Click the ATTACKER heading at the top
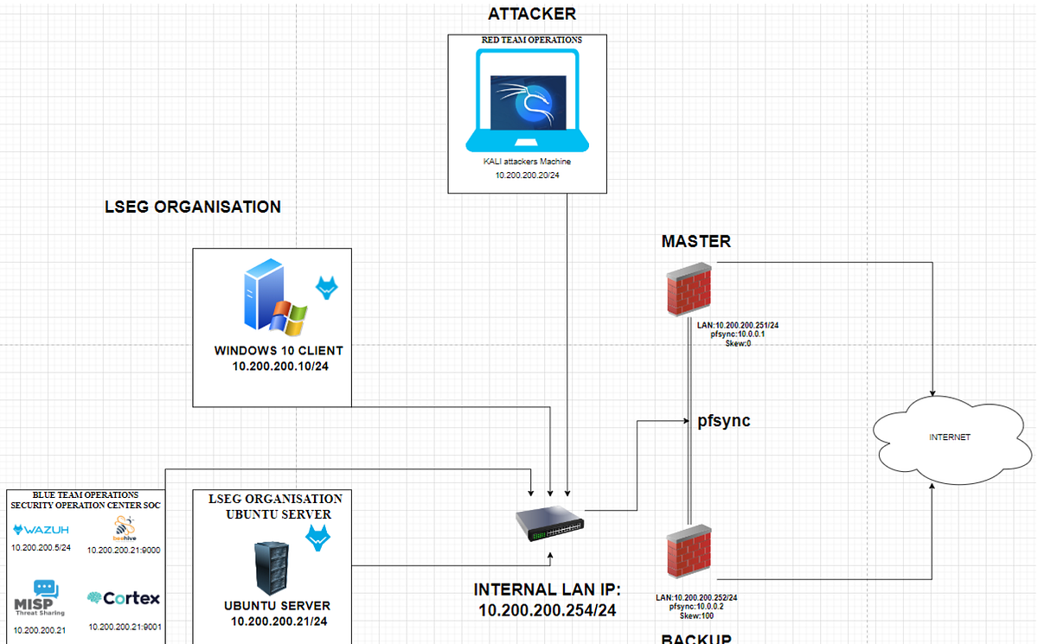coord(531,14)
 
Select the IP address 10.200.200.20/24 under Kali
coord(527,175)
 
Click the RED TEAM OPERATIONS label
coord(531,40)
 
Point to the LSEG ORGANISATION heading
coord(192,207)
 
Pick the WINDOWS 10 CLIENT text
coord(279,351)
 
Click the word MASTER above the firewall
coord(695,241)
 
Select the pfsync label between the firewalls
coord(723,421)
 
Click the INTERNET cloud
coord(949,437)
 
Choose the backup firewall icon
coord(689,554)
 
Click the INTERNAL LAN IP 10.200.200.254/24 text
coord(547,600)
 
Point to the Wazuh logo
coord(41,530)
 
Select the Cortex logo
coord(124,598)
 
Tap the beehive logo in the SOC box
coord(123,528)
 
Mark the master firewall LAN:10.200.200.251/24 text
coord(738,325)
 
